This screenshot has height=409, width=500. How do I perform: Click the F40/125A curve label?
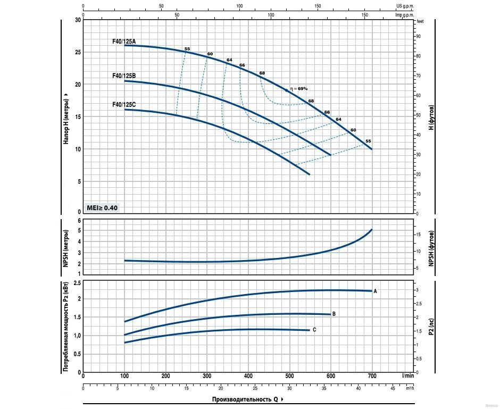tap(124, 41)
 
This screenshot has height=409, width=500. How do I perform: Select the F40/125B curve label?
tap(124, 76)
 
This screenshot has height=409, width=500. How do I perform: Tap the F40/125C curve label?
tap(124, 105)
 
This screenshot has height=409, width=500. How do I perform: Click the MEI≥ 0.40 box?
tap(102, 207)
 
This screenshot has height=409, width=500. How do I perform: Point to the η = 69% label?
tap(299, 89)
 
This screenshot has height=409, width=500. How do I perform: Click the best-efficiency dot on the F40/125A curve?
tap(287, 91)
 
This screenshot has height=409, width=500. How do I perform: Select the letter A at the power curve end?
tap(375, 291)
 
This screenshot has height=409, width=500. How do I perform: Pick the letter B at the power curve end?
tap(334, 314)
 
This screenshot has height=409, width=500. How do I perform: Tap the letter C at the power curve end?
tap(314, 330)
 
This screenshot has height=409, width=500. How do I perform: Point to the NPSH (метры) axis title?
tap(66, 248)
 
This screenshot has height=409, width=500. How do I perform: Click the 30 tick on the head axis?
tap(78, 20)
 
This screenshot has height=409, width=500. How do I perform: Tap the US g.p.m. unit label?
tap(405, 6)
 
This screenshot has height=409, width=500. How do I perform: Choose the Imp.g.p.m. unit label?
tap(404, 15)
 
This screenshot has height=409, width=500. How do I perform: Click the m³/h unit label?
tap(409, 388)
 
